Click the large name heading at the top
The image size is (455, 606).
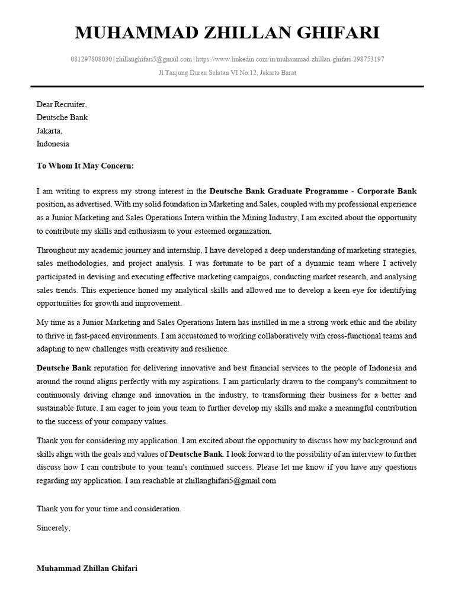(x=227, y=33)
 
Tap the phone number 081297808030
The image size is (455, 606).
(x=91, y=59)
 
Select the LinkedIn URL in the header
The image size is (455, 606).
(x=289, y=59)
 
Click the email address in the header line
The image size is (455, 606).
(x=154, y=59)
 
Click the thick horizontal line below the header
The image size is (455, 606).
(x=227, y=86)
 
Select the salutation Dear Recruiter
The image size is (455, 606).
(x=61, y=104)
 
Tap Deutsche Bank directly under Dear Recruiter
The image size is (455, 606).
(x=62, y=117)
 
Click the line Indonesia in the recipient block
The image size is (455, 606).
(x=53, y=143)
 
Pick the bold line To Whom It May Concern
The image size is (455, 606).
(x=85, y=166)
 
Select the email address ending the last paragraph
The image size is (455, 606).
(x=230, y=481)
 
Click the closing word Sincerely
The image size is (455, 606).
(x=53, y=527)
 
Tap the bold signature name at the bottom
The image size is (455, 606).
(x=86, y=568)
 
